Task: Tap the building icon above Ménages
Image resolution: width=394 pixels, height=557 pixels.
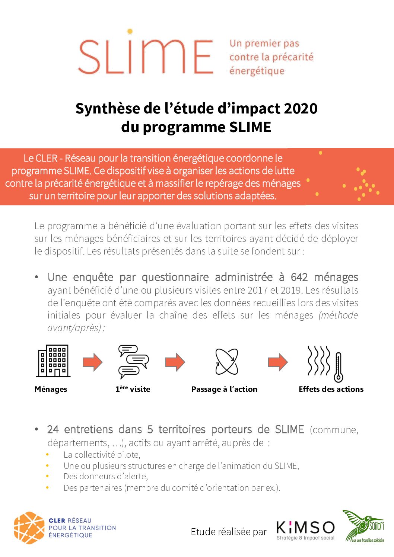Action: click(53, 361)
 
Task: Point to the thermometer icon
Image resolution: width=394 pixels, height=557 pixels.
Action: click(338, 367)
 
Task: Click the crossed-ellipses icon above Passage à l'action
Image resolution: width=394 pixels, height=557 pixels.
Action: click(226, 361)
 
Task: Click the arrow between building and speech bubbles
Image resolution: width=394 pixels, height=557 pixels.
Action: click(92, 362)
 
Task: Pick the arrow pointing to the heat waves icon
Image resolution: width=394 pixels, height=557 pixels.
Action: click(278, 362)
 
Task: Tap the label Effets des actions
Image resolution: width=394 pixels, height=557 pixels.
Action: click(331, 389)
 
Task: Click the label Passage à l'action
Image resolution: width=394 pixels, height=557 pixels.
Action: click(224, 389)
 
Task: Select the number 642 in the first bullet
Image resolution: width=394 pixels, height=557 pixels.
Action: click(299, 277)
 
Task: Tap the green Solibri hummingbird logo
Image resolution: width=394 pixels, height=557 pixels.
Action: click(363, 525)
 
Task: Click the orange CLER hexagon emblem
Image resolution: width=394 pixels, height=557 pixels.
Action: click(29, 528)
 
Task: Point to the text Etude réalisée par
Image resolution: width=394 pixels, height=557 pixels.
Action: click(229, 532)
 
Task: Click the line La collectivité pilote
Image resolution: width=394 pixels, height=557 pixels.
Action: click(102, 455)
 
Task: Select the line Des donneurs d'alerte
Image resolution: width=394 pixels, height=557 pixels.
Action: click(105, 476)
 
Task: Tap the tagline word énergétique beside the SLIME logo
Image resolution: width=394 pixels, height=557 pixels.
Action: click(257, 71)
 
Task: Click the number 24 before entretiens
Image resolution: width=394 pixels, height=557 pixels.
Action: click(53, 429)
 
